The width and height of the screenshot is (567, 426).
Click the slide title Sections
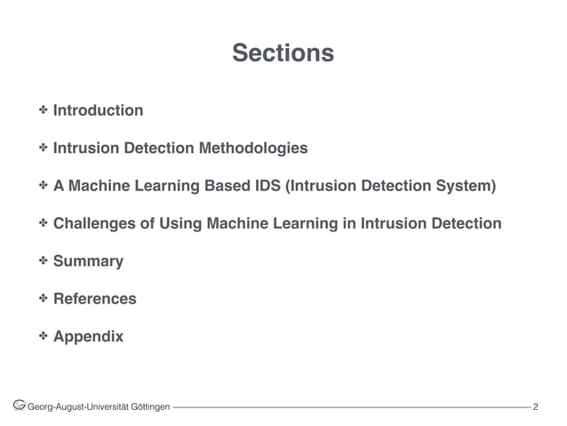tap(283, 54)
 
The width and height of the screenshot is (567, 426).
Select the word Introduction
tap(98, 111)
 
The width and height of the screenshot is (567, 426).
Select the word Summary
tap(88, 262)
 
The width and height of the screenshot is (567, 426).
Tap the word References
tap(94, 300)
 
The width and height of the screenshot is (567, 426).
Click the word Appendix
tap(88, 337)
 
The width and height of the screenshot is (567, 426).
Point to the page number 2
tap(536, 407)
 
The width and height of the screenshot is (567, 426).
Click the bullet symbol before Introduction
tap(42, 111)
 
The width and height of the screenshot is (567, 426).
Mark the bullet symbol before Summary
tap(42, 262)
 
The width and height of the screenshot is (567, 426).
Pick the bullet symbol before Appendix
tap(42, 337)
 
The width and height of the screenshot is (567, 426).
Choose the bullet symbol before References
tap(42, 300)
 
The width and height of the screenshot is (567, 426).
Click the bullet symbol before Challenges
tap(42, 224)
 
